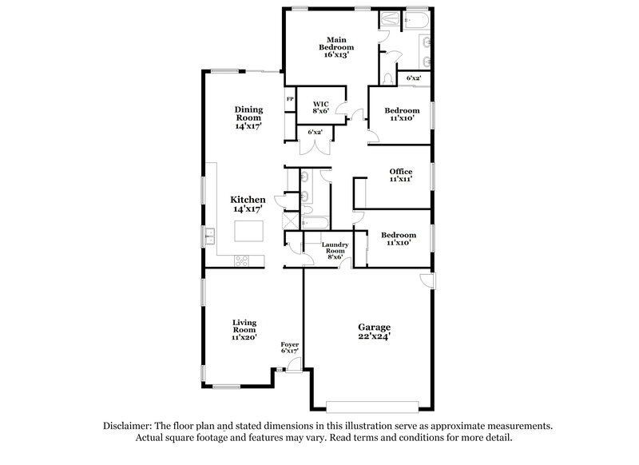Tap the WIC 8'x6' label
(320, 108)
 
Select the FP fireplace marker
(290, 99)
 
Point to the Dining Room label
(248, 117)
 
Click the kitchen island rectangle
(248, 232)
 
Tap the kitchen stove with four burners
(241, 260)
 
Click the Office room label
(400, 176)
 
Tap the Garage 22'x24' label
(374, 332)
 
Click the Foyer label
(289, 348)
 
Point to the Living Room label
(244, 330)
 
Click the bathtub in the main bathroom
(415, 19)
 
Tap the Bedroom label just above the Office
(401, 114)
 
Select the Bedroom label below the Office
(399, 238)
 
